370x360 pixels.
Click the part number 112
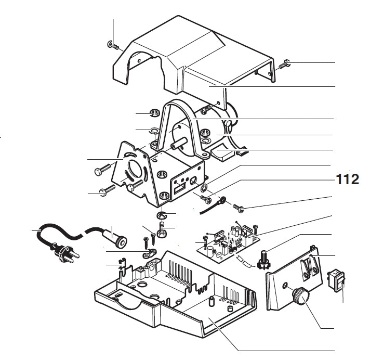(x=347, y=180)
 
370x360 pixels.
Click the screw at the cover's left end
(x=112, y=44)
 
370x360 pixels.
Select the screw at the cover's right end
(x=284, y=65)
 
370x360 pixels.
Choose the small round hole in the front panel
(x=285, y=285)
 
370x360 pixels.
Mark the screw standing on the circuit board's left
(x=205, y=242)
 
